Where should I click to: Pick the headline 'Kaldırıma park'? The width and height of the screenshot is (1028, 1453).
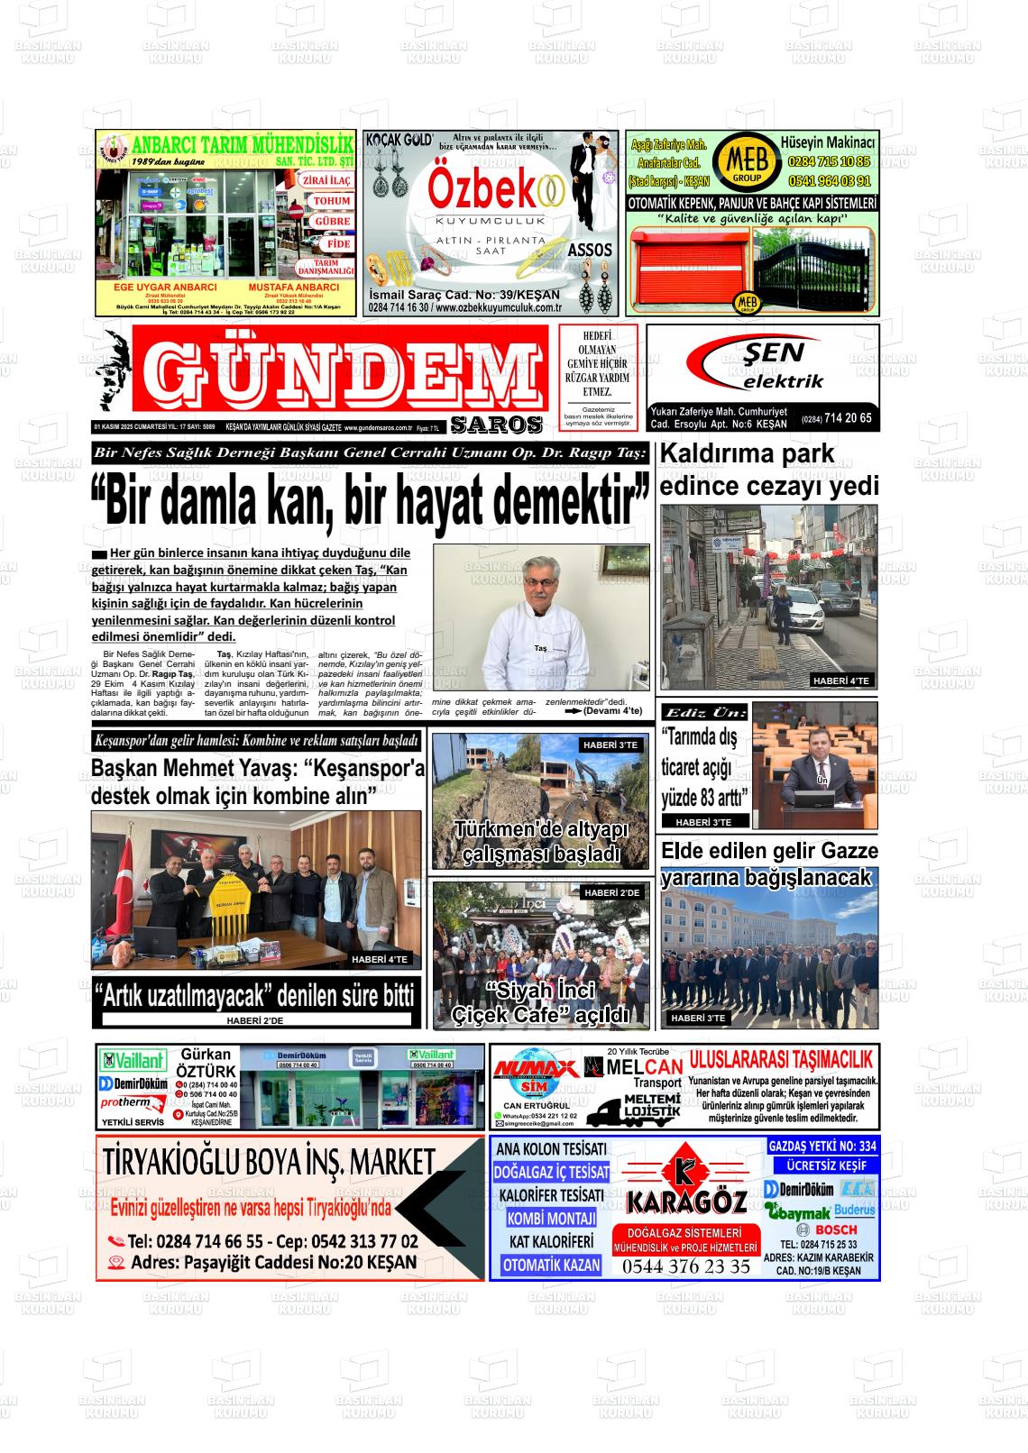tap(748, 453)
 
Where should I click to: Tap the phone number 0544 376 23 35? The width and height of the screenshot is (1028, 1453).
tap(685, 1266)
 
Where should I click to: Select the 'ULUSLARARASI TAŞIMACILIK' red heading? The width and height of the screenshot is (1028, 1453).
tap(780, 1059)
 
